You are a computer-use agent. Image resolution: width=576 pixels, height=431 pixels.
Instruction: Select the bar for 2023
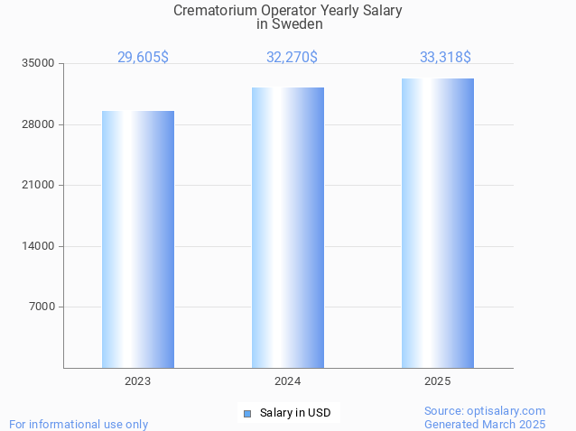pyautogui.click(x=138, y=239)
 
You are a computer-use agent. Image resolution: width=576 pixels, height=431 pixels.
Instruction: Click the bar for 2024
pyautogui.click(x=288, y=227)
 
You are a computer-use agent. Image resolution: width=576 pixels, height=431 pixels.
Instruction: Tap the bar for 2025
pyautogui.click(x=438, y=223)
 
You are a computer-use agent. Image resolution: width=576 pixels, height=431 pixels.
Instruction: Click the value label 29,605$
pyautogui.click(x=143, y=58)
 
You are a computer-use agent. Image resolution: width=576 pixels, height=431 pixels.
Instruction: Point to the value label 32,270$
pyautogui.click(x=292, y=58)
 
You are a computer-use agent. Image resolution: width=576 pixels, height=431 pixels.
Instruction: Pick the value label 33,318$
pyautogui.click(x=445, y=58)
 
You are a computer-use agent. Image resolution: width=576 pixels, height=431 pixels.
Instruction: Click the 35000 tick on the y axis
pyautogui.click(x=39, y=64)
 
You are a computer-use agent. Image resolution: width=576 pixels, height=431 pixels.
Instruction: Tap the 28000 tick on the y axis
pyautogui.click(x=39, y=124)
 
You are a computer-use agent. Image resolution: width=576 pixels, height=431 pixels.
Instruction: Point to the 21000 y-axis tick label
pyautogui.click(x=39, y=186)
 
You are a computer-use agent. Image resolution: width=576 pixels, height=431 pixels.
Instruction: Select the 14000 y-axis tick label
pyautogui.click(x=39, y=246)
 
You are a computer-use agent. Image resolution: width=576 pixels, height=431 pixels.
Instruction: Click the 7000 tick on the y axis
pyautogui.click(x=42, y=307)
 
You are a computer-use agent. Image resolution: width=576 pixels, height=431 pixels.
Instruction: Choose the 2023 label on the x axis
pyautogui.click(x=138, y=382)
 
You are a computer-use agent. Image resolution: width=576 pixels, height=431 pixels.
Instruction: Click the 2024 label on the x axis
pyautogui.click(x=288, y=382)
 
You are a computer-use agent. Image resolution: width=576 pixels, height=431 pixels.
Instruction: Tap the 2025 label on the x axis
pyautogui.click(x=437, y=382)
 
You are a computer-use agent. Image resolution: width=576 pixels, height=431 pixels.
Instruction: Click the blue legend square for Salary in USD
pyautogui.click(x=246, y=414)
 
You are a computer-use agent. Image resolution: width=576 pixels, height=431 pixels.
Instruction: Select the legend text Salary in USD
pyautogui.click(x=295, y=414)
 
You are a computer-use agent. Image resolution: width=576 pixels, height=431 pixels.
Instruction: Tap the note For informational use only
pyautogui.click(x=79, y=424)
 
